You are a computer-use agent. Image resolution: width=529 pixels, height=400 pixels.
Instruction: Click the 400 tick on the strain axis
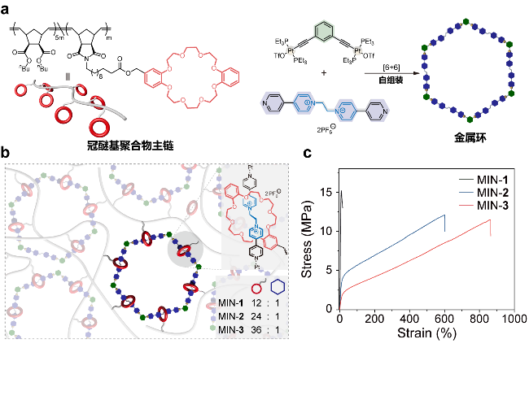409,321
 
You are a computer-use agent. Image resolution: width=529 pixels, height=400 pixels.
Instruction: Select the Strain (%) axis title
426,334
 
